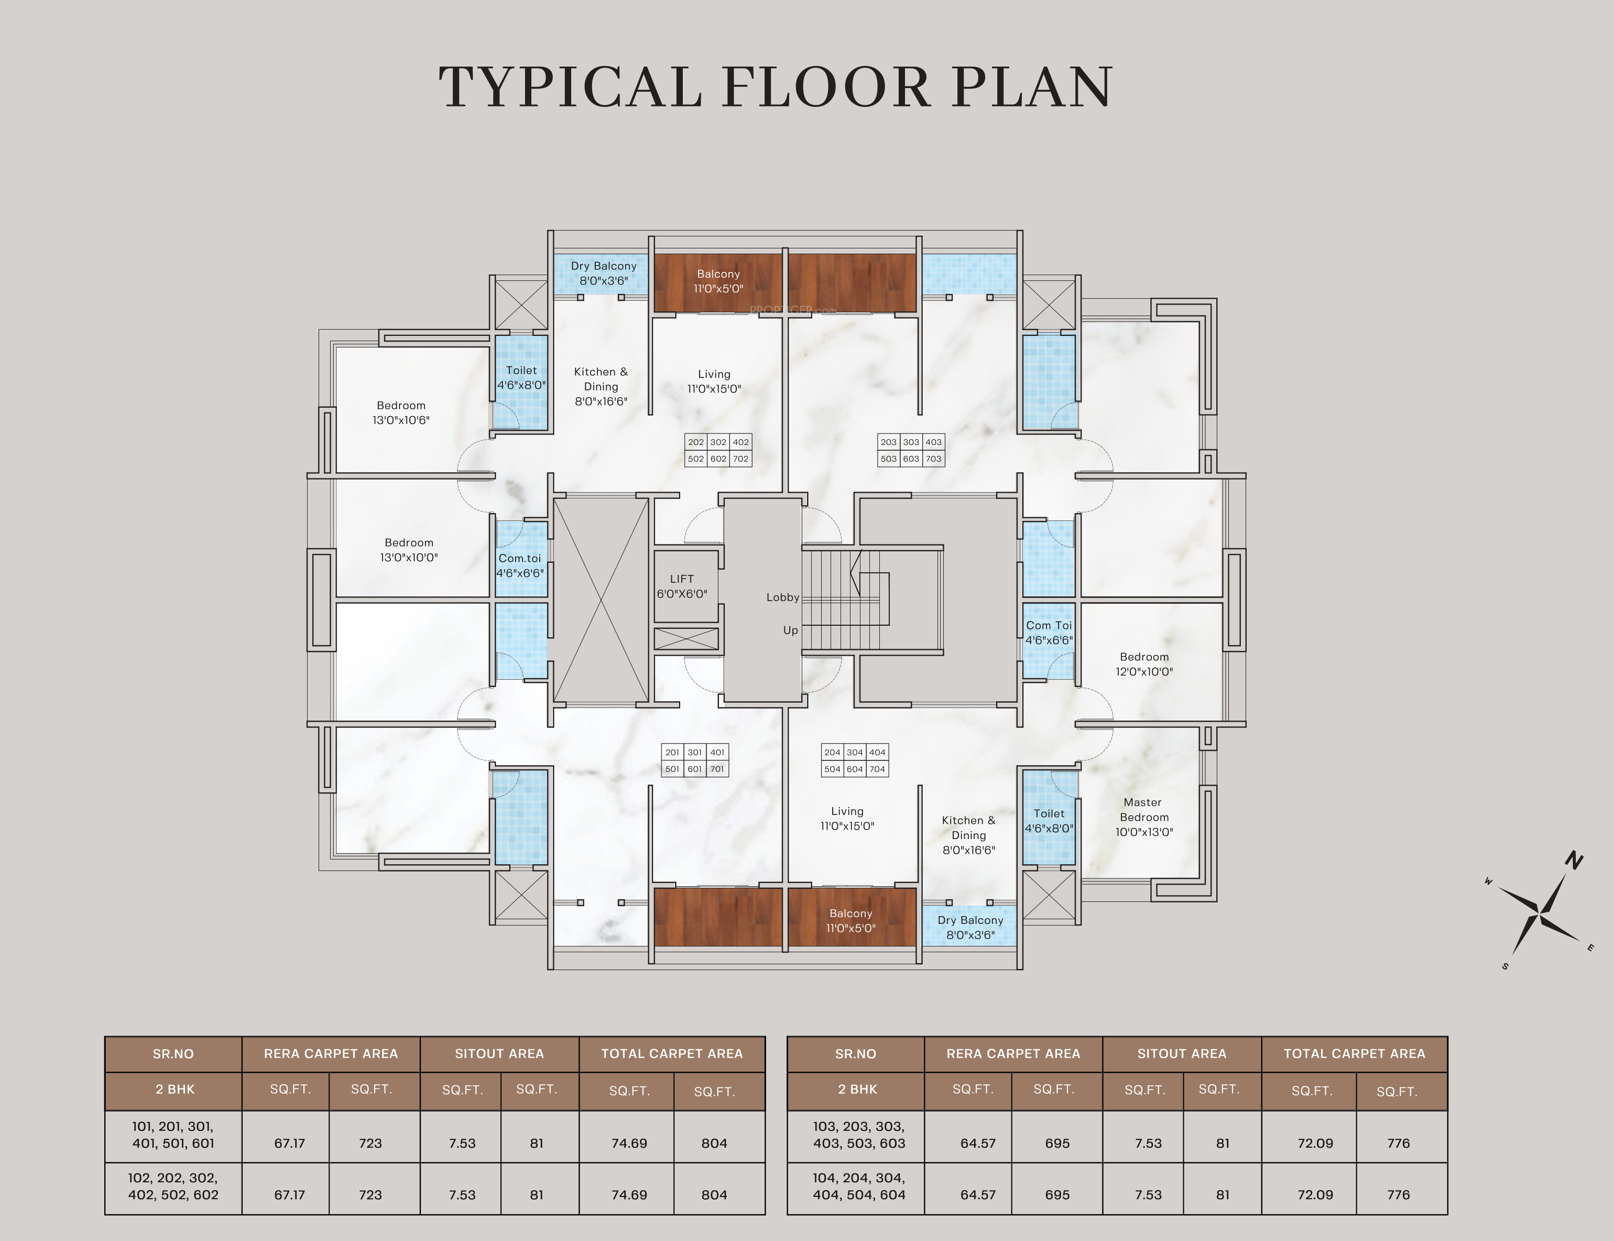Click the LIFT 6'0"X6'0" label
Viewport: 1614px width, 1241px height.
682,586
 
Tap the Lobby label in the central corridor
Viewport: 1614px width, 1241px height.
782,597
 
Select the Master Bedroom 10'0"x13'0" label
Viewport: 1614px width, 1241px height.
1143,817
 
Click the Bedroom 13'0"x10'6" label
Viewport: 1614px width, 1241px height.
401,413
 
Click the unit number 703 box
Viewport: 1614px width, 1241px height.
934,459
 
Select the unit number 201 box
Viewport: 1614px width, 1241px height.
672,752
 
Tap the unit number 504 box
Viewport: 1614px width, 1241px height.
833,769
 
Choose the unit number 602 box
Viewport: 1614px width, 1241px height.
718,459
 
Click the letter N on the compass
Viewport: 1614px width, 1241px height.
1574,860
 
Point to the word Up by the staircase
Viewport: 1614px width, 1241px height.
790,630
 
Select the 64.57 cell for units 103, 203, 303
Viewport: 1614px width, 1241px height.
978,1144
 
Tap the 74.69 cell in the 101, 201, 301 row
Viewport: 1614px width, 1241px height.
629,1144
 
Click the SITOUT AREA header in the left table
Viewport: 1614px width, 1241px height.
499,1054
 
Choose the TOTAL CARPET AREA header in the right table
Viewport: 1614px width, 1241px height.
1355,1054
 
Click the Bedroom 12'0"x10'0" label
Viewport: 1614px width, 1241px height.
1144,664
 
